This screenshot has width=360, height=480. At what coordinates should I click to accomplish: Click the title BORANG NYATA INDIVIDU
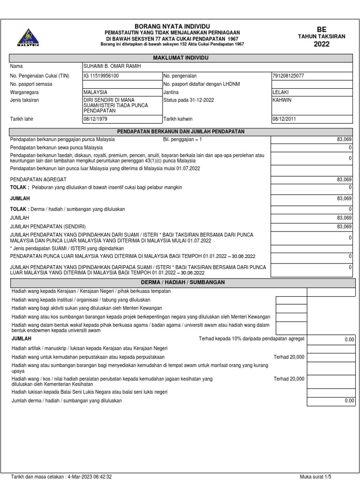click(172, 26)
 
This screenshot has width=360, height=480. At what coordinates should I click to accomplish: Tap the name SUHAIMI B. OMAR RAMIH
click(112, 67)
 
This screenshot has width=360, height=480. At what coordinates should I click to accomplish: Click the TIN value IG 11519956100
click(101, 75)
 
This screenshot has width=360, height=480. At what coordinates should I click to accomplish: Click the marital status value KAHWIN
click(282, 100)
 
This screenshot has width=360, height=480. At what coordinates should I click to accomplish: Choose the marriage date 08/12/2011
click(285, 119)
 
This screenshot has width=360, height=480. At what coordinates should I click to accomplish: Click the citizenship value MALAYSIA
click(96, 92)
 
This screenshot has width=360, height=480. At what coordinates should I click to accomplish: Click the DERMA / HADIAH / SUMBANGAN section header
click(183, 282)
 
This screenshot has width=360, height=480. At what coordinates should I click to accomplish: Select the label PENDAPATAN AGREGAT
click(38, 180)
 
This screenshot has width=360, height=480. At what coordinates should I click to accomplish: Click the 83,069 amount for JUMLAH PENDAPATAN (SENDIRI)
click(344, 226)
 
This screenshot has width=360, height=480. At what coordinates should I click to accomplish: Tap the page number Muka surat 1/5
click(315, 476)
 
